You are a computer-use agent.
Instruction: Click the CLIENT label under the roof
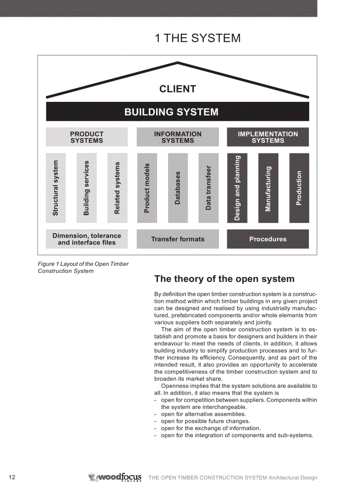177,89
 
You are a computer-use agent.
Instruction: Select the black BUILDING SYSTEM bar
177,112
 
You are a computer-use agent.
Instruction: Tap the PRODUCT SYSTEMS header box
87,137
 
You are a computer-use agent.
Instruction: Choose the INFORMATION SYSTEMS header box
177,137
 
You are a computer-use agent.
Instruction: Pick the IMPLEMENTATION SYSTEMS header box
268,137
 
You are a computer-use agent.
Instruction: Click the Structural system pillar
56,188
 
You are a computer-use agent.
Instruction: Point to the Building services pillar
86,188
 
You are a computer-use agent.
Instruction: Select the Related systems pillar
117,188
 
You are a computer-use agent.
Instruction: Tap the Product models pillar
147,188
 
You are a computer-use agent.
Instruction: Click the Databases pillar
178,188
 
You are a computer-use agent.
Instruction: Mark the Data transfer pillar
209,188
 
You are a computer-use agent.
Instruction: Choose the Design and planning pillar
237,188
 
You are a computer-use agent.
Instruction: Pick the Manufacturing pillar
268,188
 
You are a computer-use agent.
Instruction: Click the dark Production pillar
299,188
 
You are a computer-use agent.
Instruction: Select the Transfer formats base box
177,239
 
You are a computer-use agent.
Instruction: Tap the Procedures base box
268,239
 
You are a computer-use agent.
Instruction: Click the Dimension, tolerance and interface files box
87,239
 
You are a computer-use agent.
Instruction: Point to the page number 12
12,477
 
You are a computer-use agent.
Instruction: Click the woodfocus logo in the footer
115,477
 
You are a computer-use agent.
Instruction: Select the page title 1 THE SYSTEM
198,38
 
